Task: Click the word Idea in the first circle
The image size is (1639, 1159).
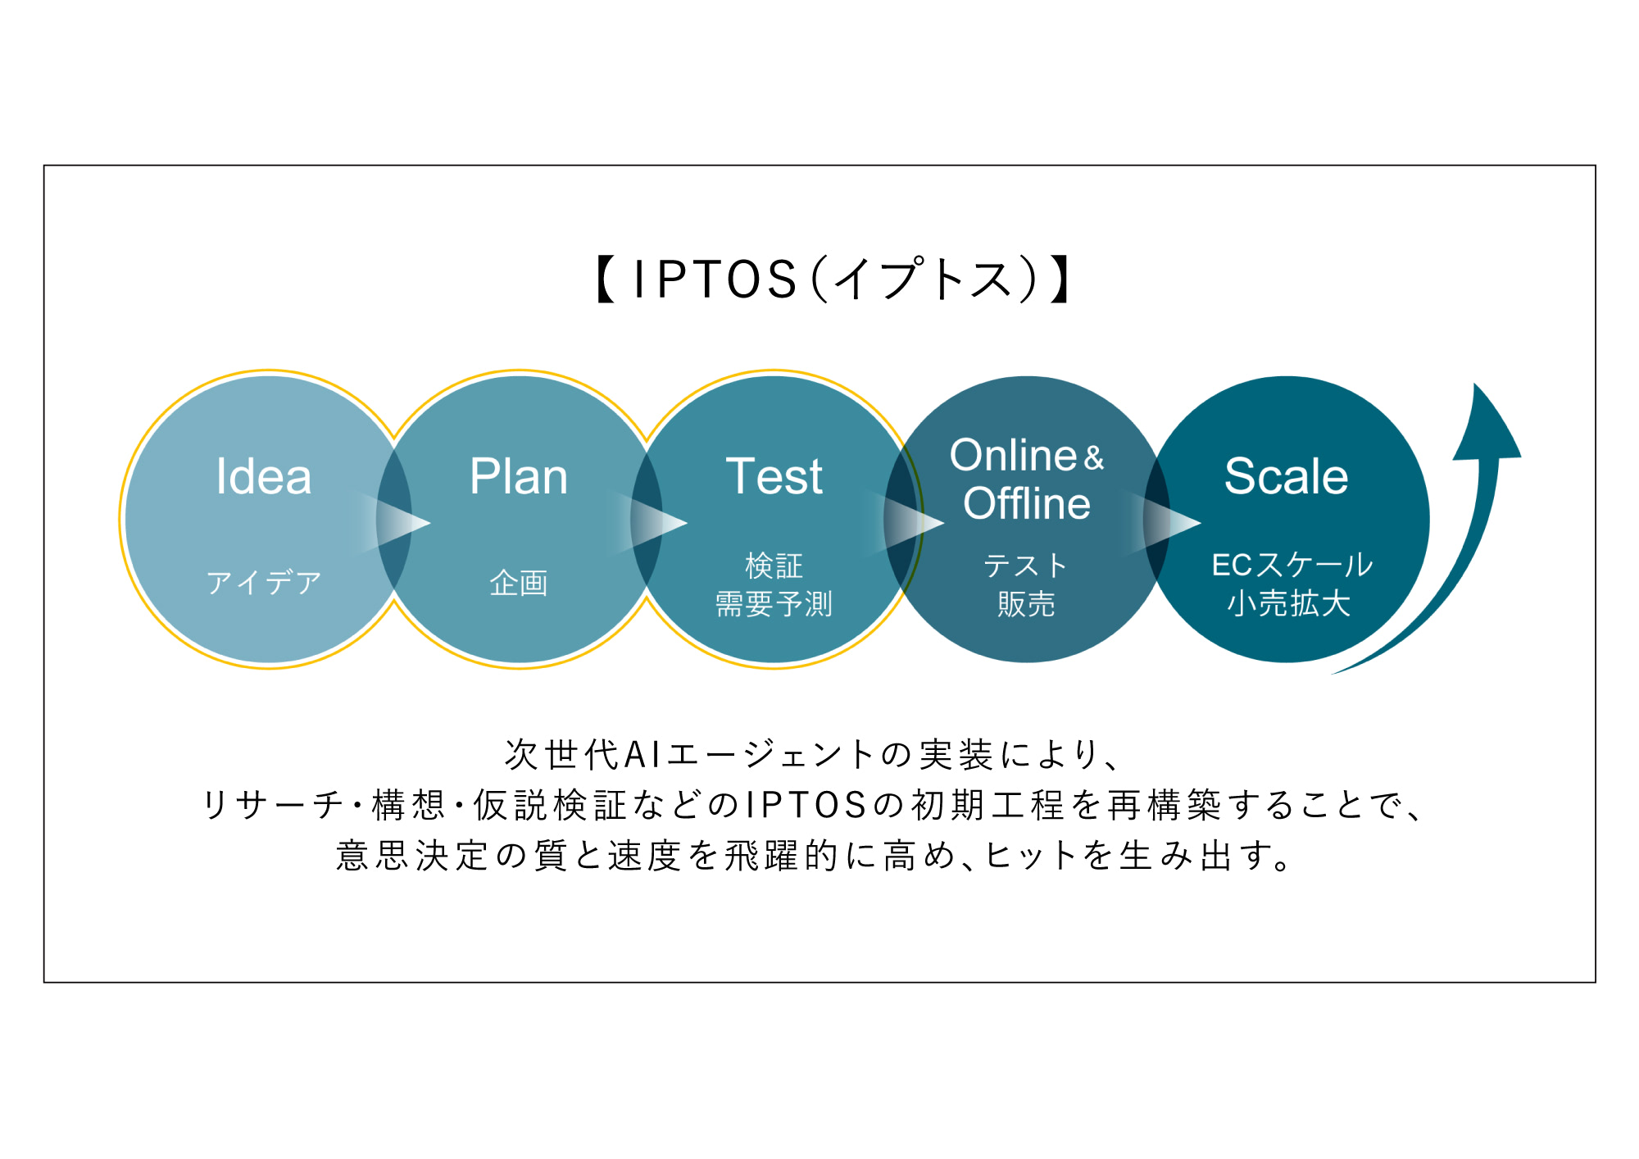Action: (264, 477)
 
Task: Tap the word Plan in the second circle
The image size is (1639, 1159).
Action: (519, 477)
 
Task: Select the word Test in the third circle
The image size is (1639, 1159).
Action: (774, 477)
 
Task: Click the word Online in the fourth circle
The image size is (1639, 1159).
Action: (1013, 456)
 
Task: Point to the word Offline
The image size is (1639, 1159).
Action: (1027, 503)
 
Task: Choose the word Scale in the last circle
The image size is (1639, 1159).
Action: (1286, 477)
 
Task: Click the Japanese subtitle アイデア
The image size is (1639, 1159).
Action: (264, 583)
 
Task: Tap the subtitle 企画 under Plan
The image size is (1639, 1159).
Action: (519, 583)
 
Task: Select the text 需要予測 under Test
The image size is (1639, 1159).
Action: (774, 604)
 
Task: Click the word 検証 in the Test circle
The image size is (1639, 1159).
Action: (774, 566)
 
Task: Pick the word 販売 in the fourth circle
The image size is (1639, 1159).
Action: (1026, 604)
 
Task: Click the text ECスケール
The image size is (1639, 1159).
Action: (1292, 565)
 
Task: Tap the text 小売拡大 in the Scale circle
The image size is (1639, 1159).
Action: (1288, 603)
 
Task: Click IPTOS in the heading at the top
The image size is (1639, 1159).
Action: (715, 280)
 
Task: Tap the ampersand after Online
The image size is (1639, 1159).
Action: (1094, 458)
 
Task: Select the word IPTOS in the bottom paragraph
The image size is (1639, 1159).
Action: (806, 805)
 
